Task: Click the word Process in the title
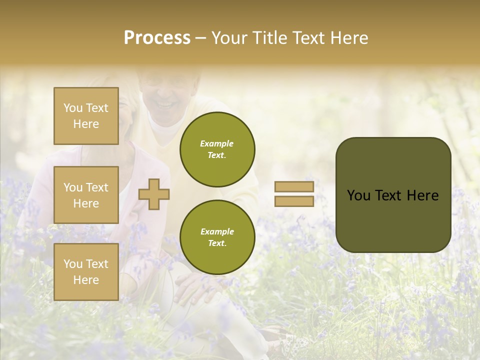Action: tap(157, 38)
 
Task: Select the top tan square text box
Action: tap(86, 116)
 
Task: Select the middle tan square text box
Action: tap(86, 195)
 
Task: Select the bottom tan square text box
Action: tap(86, 272)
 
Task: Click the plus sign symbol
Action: tap(154, 194)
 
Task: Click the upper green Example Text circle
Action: tap(217, 149)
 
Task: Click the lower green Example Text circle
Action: tap(217, 237)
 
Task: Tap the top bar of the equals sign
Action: tap(294, 187)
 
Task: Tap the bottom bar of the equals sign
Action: tap(294, 201)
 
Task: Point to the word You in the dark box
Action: tap(358, 195)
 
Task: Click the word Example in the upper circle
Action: tap(217, 143)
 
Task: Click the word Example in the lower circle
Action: tap(217, 231)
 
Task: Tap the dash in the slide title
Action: tap(201, 38)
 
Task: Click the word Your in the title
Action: tap(230, 38)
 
